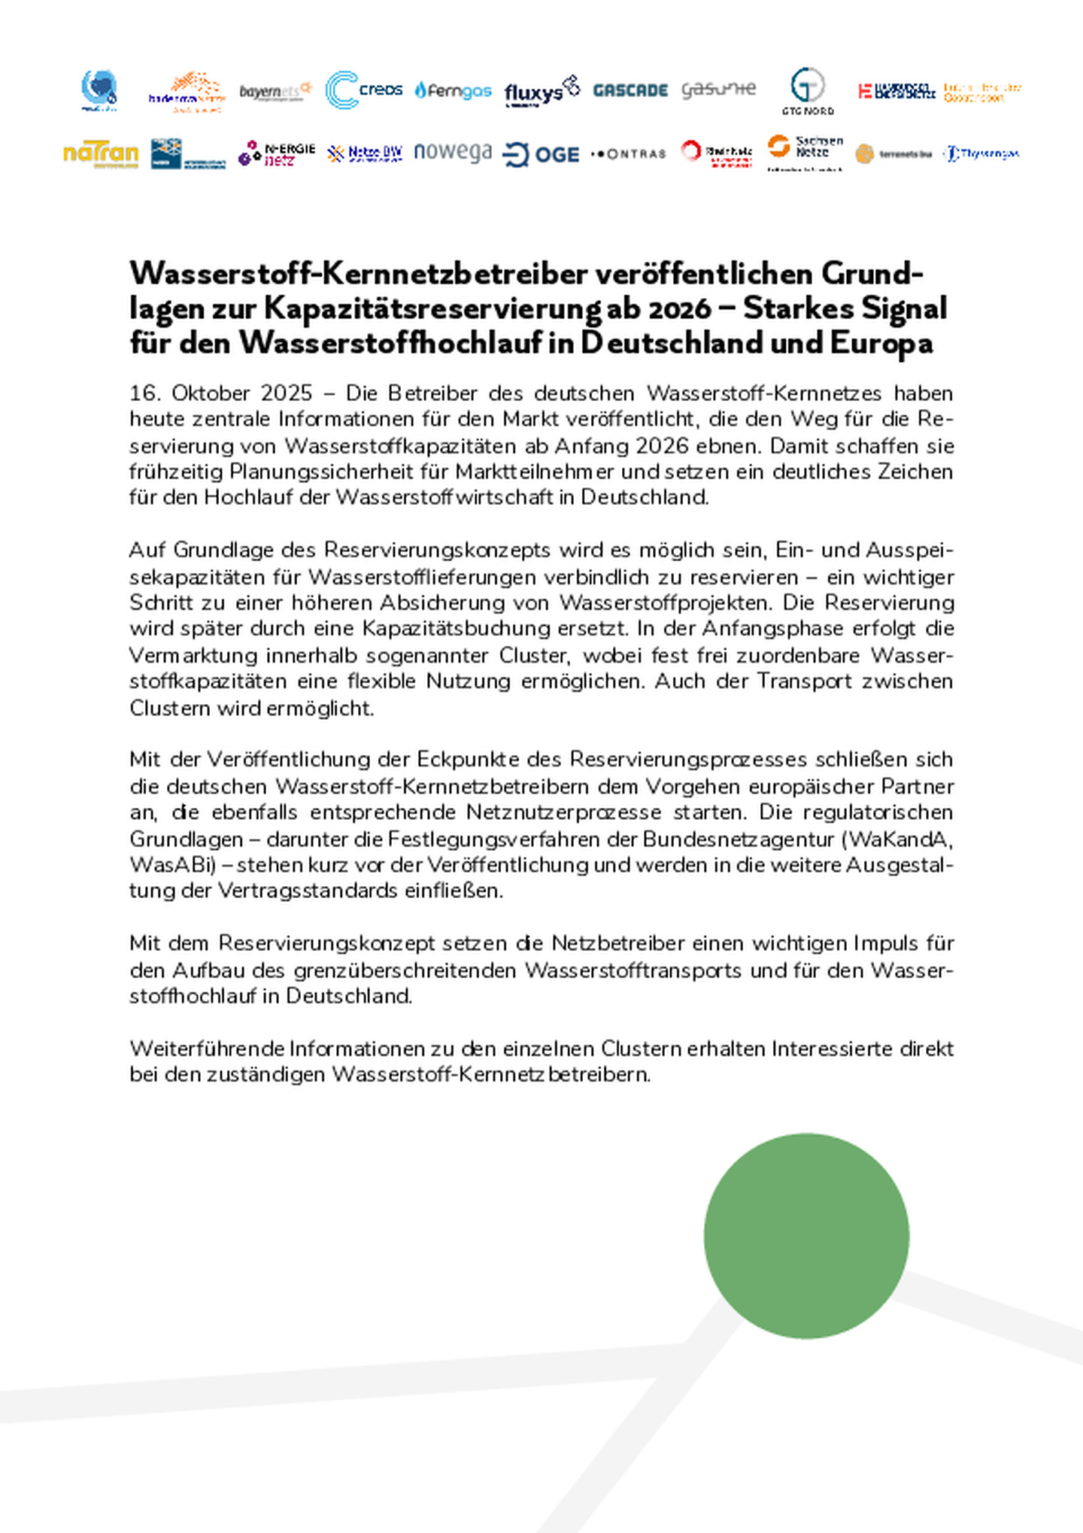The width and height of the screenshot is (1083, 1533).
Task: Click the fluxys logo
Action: coord(541,92)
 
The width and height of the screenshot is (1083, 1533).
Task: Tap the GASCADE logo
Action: coord(630,90)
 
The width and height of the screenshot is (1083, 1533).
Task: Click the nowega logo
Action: coord(453,153)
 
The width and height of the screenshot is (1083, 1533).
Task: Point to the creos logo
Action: coord(364,90)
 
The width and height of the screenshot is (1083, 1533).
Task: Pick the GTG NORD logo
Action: coord(807,91)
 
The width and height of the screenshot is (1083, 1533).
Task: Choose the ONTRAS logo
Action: coord(629,154)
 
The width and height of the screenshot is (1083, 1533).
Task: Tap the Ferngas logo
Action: coord(453,91)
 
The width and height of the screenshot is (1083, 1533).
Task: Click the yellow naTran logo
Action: coord(101,154)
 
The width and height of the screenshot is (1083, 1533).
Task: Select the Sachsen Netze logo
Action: coord(805,153)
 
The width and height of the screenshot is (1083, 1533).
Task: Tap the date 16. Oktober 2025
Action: coord(220,393)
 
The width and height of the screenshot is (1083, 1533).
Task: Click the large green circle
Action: coord(806,1236)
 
